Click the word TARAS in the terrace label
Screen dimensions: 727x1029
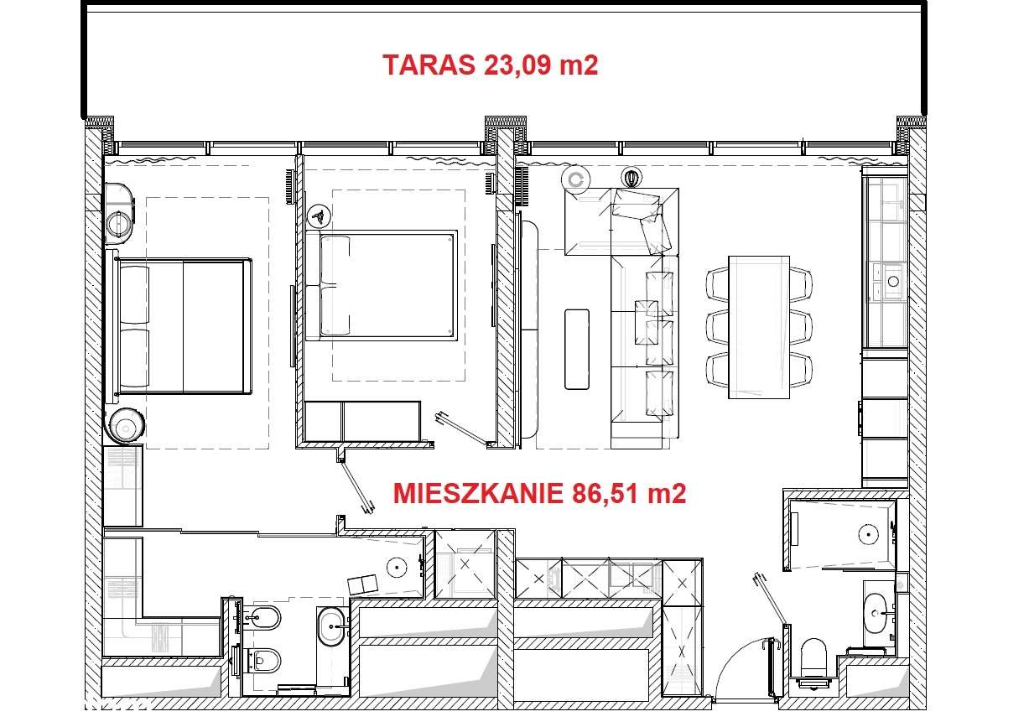tap(429, 65)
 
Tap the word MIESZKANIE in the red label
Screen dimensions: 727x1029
tap(477, 493)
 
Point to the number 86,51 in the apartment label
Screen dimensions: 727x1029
tap(606, 493)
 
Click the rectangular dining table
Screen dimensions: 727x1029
tap(759, 326)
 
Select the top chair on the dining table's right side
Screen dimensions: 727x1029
tap(801, 283)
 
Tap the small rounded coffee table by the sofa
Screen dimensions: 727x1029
tap(577, 349)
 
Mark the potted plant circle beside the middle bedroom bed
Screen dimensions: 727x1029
tap(318, 216)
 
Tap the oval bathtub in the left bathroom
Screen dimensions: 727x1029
tap(333, 626)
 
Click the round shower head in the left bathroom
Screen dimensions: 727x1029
tap(394, 568)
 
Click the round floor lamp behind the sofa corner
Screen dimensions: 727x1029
tap(576, 179)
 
